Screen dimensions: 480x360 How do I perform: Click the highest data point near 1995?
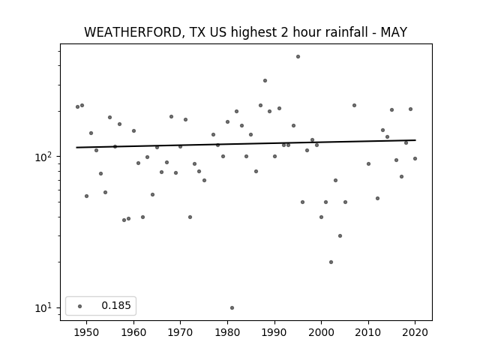298,57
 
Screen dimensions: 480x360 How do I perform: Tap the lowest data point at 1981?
232,308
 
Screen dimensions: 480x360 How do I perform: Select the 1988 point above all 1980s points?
265,81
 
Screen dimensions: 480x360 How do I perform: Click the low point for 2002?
331,262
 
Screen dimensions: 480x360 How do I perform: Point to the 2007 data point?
354,105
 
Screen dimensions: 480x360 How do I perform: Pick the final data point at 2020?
415,158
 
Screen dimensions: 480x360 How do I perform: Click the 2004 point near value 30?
340,235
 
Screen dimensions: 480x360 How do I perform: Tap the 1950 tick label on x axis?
87,332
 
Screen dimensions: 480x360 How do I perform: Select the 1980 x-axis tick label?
227,332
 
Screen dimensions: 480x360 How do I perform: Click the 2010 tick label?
368,332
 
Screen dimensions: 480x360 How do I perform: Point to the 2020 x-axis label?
415,332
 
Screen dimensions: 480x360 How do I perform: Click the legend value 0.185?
116,305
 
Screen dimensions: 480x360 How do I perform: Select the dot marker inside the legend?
80,306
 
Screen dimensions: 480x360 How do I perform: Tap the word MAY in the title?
394,32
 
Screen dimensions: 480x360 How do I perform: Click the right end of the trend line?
415,140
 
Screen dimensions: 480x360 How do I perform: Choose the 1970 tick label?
180,332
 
